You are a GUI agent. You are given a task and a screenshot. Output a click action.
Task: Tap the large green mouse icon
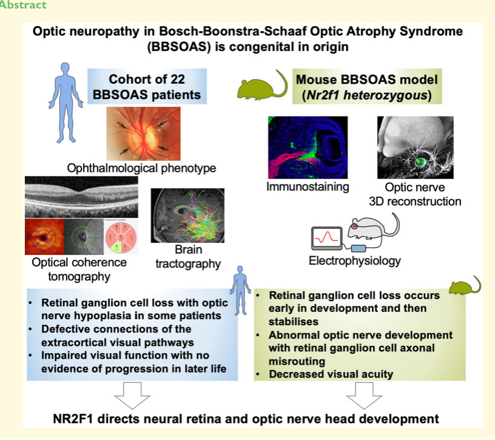point(262,86)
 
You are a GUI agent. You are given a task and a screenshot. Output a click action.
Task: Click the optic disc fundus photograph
point(143,134)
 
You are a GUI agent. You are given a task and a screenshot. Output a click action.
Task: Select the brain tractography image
point(187,215)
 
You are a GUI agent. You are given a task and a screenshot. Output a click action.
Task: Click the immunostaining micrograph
point(308,147)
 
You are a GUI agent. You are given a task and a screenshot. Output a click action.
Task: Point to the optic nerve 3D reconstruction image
point(416,147)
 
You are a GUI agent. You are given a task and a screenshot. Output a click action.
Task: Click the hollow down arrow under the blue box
point(132,396)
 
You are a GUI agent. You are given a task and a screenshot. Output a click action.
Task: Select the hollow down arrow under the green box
point(365,396)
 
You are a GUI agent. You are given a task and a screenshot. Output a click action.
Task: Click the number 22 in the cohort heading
point(177,80)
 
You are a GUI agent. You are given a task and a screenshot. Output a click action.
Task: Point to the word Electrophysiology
point(354,261)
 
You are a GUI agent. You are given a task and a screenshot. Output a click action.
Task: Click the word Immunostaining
point(308,187)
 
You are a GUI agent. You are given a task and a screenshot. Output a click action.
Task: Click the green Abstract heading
point(23,5)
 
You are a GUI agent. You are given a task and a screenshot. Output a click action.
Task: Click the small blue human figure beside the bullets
point(241,291)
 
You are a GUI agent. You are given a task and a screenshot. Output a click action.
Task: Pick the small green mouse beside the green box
point(465,285)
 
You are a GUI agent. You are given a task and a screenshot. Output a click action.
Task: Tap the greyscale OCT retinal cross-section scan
point(81,197)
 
